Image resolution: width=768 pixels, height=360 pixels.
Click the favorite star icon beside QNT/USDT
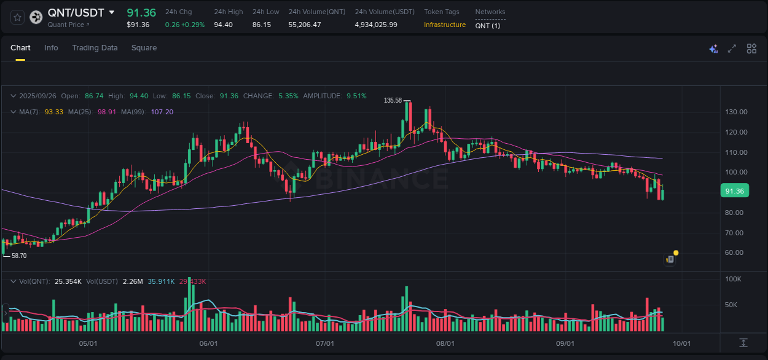coord(18,17)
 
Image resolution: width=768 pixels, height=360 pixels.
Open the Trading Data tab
coord(95,48)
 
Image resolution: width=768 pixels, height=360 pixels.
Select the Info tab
coord(51,48)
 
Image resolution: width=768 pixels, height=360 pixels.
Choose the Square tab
coord(144,48)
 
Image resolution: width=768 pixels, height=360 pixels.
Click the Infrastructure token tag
coord(444,25)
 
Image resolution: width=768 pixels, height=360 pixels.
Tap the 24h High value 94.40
coord(223,25)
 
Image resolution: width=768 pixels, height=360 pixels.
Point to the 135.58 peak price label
coord(393,100)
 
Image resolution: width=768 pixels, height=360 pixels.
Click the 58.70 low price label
coord(19,256)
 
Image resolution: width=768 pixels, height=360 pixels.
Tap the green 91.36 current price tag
coord(734,191)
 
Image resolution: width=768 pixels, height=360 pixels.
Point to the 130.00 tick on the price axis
coord(736,112)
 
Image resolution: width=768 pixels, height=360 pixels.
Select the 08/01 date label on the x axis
coord(445,343)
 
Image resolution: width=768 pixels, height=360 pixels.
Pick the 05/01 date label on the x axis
coord(89,343)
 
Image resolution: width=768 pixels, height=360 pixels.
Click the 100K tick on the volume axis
coord(734,279)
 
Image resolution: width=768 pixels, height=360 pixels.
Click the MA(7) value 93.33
coord(54,112)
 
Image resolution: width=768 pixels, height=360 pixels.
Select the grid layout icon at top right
coord(751,49)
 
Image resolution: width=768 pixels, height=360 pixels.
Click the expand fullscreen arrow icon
coord(732,49)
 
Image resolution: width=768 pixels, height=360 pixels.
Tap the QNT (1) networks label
coord(487,25)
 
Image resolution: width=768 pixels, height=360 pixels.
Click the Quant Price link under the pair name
coord(68,25)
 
